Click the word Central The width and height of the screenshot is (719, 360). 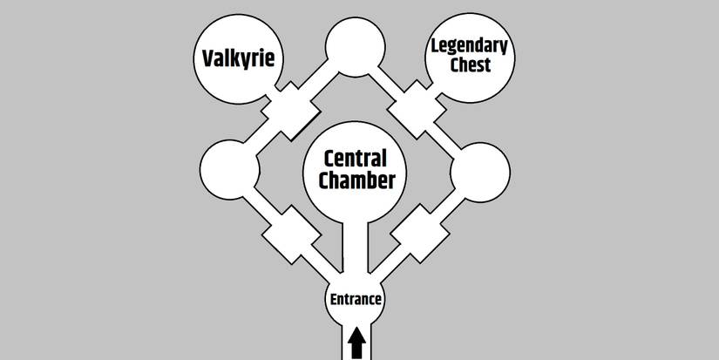tap(355, 160)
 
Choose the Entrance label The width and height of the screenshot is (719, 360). tap(356, 299)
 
